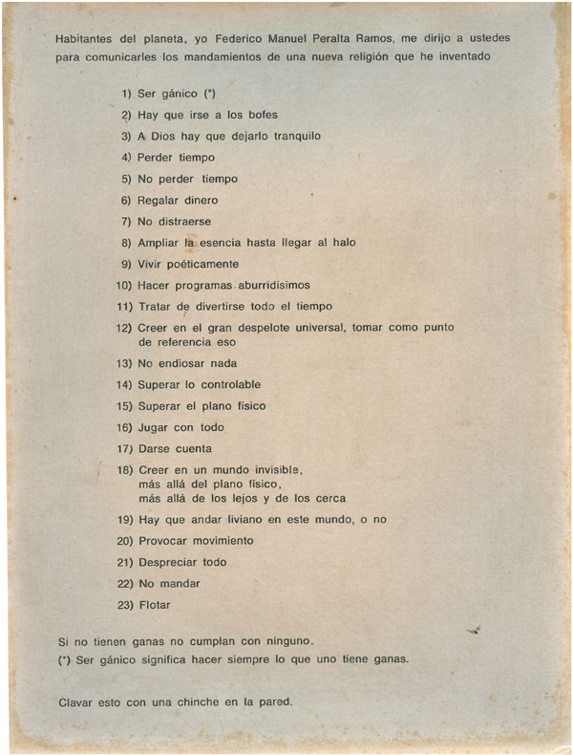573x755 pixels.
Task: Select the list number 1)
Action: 124,94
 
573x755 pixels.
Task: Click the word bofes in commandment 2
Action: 258,115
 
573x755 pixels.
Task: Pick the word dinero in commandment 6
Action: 201,200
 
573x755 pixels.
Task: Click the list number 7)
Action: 124,221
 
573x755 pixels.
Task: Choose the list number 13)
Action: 122,363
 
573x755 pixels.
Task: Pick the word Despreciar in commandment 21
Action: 168,562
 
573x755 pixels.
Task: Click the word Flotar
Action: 154,604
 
